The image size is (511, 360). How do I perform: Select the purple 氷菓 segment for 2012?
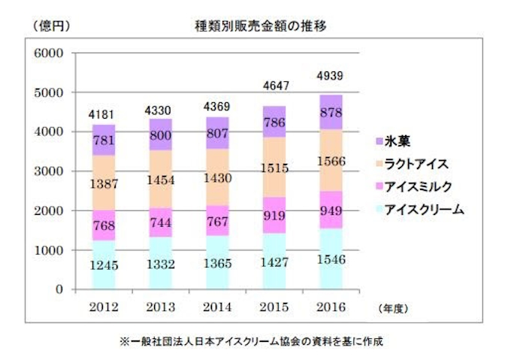click(104, 141)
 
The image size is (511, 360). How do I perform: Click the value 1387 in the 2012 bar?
click(104, 183)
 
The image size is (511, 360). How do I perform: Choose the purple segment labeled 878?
click(331, 112)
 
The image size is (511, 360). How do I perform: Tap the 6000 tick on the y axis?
click(47, 53)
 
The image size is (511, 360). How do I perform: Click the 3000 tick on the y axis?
click(47, 171)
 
